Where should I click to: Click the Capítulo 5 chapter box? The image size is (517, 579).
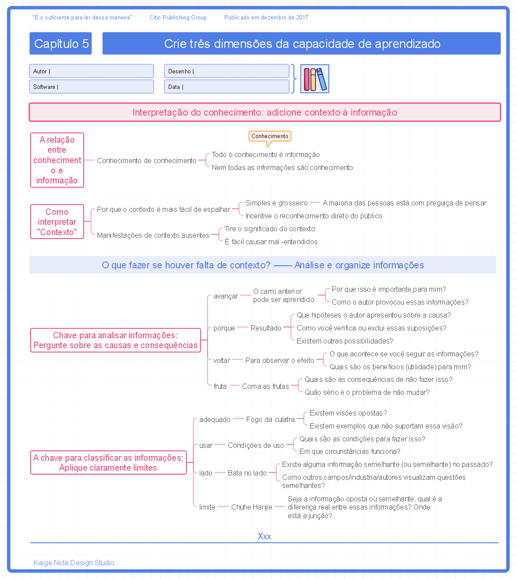pyautogui.click(x=60, y=44)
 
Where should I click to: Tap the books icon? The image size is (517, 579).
pyautogui.click(x=315, y=79)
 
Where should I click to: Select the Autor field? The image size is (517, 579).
pyautogui.click(x=91, y=71)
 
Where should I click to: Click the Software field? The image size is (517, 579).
pyautogui.click(x=91, y=87)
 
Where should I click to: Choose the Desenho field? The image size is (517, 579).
pyautogui.click(x=227, y=71)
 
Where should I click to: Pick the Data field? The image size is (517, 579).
pyautogui.click(x=227, y=87)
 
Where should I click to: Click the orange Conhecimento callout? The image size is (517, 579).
pyautogui.click(x=270, y=136)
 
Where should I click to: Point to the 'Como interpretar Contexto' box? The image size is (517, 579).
pyautogui.click(x=57, y=222)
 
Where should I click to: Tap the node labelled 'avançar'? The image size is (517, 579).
pyautogui.click(x=226, y=296)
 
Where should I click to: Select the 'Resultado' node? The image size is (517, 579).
pyautogui.click(x=266, y=328)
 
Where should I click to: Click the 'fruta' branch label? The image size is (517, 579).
pyautogui.click(x=220, y=386)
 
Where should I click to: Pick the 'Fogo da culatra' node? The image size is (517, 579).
pyautogui.click(x=271, y=419)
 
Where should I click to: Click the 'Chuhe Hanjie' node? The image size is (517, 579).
pyautogui.click(x=252, y=507)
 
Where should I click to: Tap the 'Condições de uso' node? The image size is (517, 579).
pyautogui.click(x=256, y=445)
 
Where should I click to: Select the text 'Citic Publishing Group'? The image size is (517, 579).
pyautogui.click(x=178, y=18)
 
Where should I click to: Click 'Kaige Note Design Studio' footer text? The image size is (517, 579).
pyautogui.click(x=74, y=563)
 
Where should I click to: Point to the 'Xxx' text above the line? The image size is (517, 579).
pyautogui.click(x=264, y=536)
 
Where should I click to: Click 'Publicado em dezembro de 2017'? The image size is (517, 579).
pyautogui.click(x=266, y=18)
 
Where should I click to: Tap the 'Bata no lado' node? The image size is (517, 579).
pyautogui.click(x=247, y=473)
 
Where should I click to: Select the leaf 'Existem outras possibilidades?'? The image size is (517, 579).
pyautogui.click(x=345, y=341)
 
